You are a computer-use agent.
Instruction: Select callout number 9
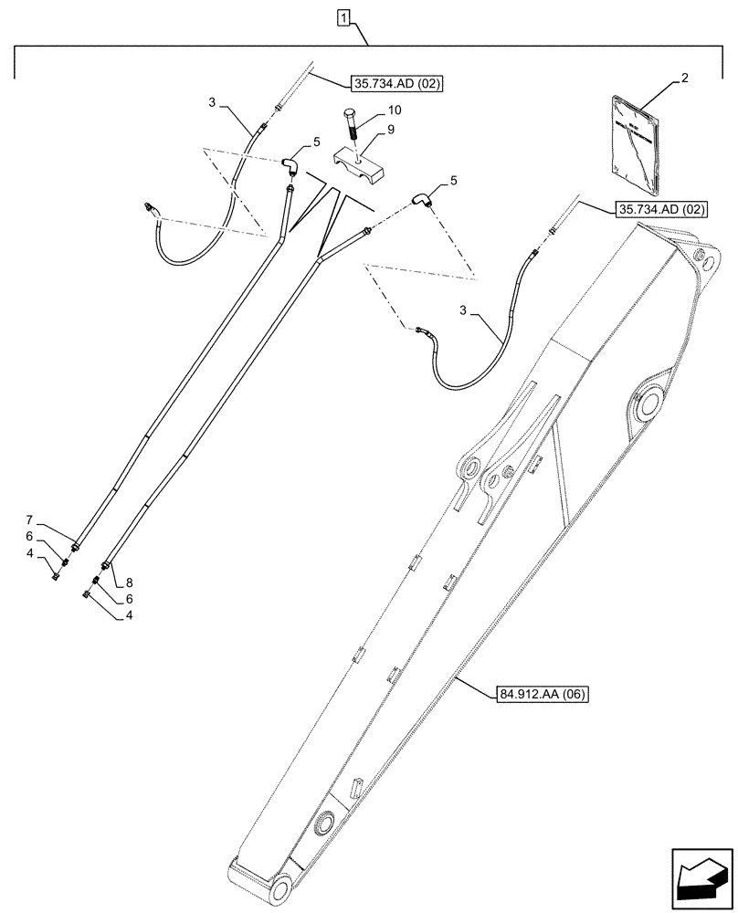tap(392, 130)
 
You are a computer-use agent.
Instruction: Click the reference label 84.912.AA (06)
tap(543, 695)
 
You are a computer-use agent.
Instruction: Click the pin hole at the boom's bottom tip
tap(280, 888)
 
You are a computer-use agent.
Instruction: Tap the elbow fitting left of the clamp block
tap(290, 167)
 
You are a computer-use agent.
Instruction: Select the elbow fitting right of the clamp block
tap(423, 200)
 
